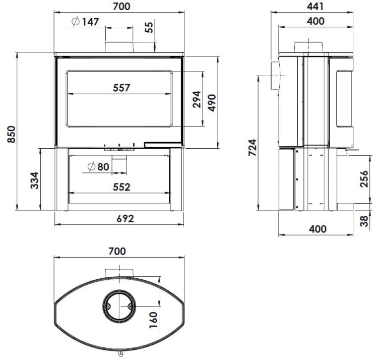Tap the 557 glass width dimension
point(121,87)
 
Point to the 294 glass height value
point(196,99)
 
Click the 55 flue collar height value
point(149,27)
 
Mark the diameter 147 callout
point(85,22)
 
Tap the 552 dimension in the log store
point(121,187)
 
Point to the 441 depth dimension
point(314,6)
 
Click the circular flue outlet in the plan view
point(119,306)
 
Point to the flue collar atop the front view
point(119,46)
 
